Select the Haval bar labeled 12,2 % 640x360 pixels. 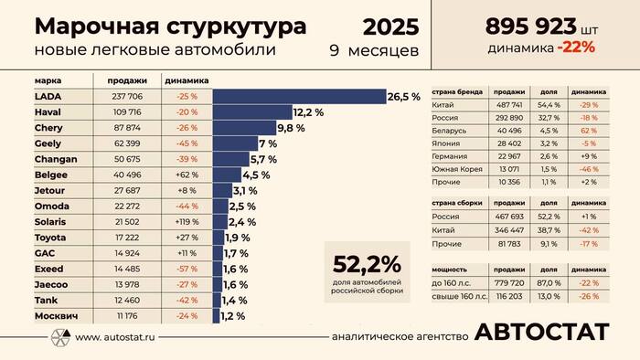tap(252, 112)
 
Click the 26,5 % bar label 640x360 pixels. tap(403, 96)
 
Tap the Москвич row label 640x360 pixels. tap(56, 316)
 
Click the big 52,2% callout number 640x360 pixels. tap(367, 265)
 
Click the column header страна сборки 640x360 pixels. tap(454, 206)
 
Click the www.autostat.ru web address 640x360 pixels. tap(114, 336)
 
